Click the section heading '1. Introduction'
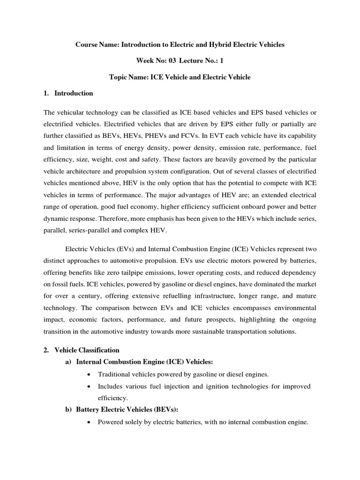point(68,93)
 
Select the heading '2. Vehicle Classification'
point(82,350)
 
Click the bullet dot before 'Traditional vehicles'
point(89,374)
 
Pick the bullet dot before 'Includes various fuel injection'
point(89,386)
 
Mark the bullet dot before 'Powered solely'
point(89,422)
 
